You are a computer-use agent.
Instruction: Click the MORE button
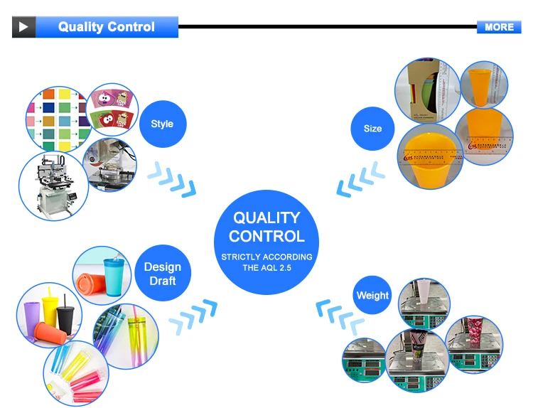(x=499, y=27)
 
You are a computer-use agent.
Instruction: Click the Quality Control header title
(x=107, y=27)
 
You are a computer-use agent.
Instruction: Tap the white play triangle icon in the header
(x=23, y=27)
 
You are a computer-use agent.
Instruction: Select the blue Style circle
(x=162, y=124)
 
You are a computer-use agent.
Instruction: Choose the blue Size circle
(x=372, y=129)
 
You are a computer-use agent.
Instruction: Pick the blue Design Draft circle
(x=162, y=274)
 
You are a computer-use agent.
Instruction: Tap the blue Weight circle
(x=372, y=296)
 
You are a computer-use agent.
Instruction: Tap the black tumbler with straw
(x=65, y=315)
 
